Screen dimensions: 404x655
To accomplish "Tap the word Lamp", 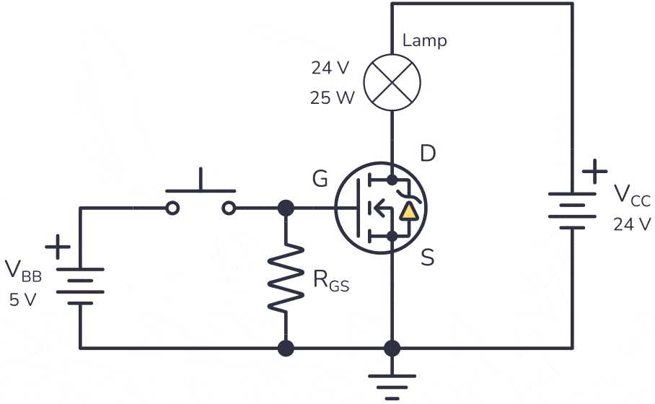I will tap(424, 40).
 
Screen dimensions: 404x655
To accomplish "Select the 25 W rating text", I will tap(333, 98).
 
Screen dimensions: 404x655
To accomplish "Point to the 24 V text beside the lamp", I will tap(330, 69).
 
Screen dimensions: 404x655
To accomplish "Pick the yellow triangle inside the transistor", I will tap(409, 212).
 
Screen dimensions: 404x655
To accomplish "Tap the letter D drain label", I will tap(428, 154).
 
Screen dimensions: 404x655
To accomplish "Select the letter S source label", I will tap(428, 258).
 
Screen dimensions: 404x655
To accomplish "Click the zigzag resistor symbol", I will tap(286, 278).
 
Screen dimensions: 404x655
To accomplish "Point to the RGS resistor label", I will tap(330, 281).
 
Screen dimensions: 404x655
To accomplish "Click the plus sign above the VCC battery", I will tap(594, 173).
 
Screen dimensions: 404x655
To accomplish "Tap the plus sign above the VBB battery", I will tap(58, 247).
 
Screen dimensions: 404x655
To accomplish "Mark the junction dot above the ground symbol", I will tap(392, 349).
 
